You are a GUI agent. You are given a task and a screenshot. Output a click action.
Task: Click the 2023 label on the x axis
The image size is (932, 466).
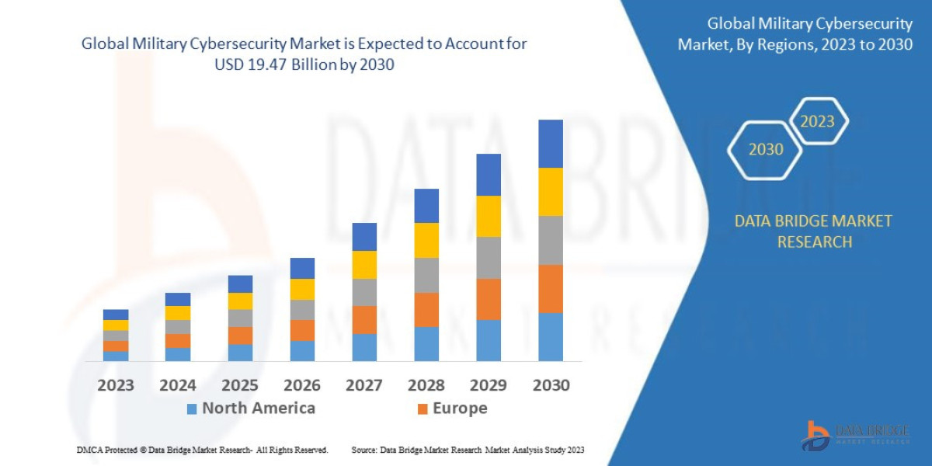click(x=115, y=385)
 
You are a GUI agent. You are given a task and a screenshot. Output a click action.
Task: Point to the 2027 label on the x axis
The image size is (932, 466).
click(x=364, y=385)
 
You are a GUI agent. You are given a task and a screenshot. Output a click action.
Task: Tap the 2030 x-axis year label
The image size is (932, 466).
click(x=551, y=385)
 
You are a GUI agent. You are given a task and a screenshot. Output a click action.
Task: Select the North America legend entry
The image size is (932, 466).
click(x=250, y=409)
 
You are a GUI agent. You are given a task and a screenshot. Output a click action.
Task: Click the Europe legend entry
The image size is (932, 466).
click(x=452, y=409)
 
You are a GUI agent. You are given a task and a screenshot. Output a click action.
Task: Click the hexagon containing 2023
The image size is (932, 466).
click(x=817, y=121)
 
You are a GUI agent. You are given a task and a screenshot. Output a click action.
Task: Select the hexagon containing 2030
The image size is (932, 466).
click(x=765, y=149)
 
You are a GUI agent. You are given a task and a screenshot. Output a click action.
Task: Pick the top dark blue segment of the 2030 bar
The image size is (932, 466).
click(x=551, y=144)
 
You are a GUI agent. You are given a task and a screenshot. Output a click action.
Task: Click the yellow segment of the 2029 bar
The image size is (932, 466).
click(x=489, y=216)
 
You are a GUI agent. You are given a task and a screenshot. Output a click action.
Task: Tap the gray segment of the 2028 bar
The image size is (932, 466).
click(x=426, y=275)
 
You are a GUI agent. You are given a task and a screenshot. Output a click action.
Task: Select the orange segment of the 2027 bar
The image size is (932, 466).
click(x=364, y=319)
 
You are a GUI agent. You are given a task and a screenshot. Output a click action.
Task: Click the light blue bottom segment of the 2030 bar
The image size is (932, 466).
click(x=551, y=336)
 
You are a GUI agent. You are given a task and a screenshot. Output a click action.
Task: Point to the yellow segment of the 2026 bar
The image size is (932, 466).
click(x=302, y=289)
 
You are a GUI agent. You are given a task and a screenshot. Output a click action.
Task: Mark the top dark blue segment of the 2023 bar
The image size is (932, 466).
click(x=116, y=315)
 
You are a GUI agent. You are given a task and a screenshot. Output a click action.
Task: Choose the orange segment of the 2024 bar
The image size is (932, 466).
click(x=178, y=340)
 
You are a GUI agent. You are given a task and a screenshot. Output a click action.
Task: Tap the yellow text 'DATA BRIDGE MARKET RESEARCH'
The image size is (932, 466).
click(x=813, y=231)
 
